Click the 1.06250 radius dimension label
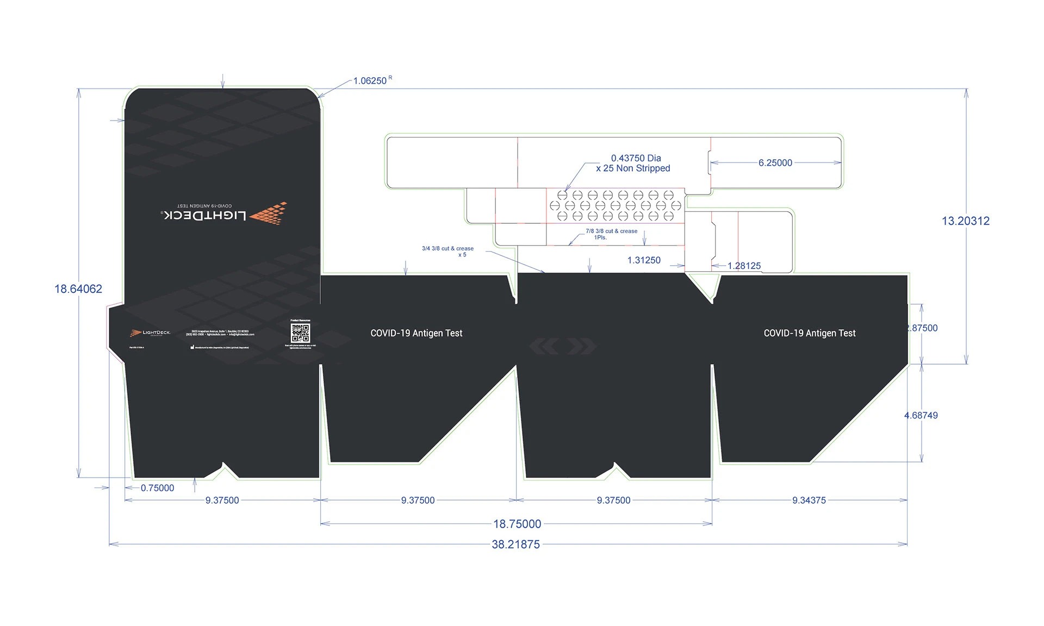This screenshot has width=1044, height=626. tap(370, 81)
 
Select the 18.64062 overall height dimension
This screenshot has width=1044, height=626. tap(78, 289)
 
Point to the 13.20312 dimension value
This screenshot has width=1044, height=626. tap(966, 221)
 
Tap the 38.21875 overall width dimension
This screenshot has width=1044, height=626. tap(515, 544)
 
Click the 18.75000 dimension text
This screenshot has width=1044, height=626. tap(517, 524)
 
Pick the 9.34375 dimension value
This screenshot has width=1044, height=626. tap(809, 500)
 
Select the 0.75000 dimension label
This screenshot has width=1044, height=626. tap(157, 488)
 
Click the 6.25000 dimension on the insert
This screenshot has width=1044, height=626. tap(775, 163)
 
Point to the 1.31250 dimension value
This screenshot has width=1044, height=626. tap(644, 260)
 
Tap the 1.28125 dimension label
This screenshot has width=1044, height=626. tap(744, 266)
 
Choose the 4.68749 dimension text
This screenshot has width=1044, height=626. tap(921, 416)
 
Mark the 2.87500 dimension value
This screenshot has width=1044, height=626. tap(922, 328)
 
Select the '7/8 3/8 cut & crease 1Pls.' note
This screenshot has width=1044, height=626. tap(611, 234)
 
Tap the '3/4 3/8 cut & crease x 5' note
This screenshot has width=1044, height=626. tap(448, 252)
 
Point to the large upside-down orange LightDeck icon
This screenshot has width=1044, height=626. tap(269, 213)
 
